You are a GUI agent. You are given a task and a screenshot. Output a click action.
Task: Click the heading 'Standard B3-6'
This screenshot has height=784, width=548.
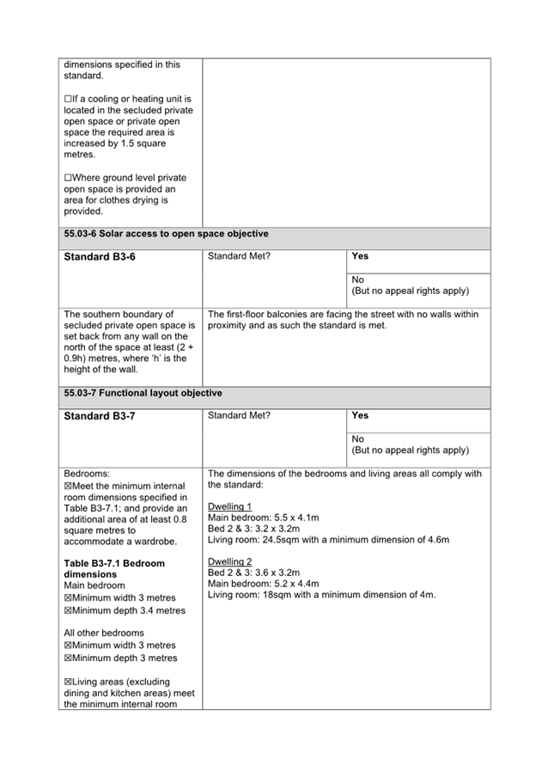(x=100, y=257)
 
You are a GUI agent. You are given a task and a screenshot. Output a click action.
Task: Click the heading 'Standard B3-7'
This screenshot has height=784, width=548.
(x=100, y=416)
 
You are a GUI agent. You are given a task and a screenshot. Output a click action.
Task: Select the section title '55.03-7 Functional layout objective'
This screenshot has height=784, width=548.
(x=143, y=393)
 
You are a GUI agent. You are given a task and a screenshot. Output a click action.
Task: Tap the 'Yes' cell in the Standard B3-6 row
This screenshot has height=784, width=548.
(x=360, y=256)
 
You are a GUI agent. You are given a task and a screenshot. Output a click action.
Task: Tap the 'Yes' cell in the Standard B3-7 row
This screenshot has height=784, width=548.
(x=360, y=415)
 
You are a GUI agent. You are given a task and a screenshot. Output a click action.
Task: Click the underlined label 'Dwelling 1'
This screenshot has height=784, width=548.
(x=229, y=507)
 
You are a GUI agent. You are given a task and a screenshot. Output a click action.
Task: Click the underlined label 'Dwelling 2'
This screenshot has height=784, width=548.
(x=229, y=561)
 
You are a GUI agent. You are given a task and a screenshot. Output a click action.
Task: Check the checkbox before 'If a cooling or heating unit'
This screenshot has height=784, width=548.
(x=68, y=100)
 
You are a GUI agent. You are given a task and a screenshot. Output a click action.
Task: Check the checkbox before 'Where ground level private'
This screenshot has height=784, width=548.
(x=68, y=178)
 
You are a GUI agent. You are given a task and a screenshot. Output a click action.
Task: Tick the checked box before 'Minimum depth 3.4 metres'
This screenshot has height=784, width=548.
(x=68, y=611)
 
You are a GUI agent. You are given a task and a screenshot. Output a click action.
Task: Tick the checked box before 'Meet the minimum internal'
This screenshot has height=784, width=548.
(x=68, y=487)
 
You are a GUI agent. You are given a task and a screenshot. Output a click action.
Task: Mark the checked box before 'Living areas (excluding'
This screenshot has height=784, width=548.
(x=68, y=682)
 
